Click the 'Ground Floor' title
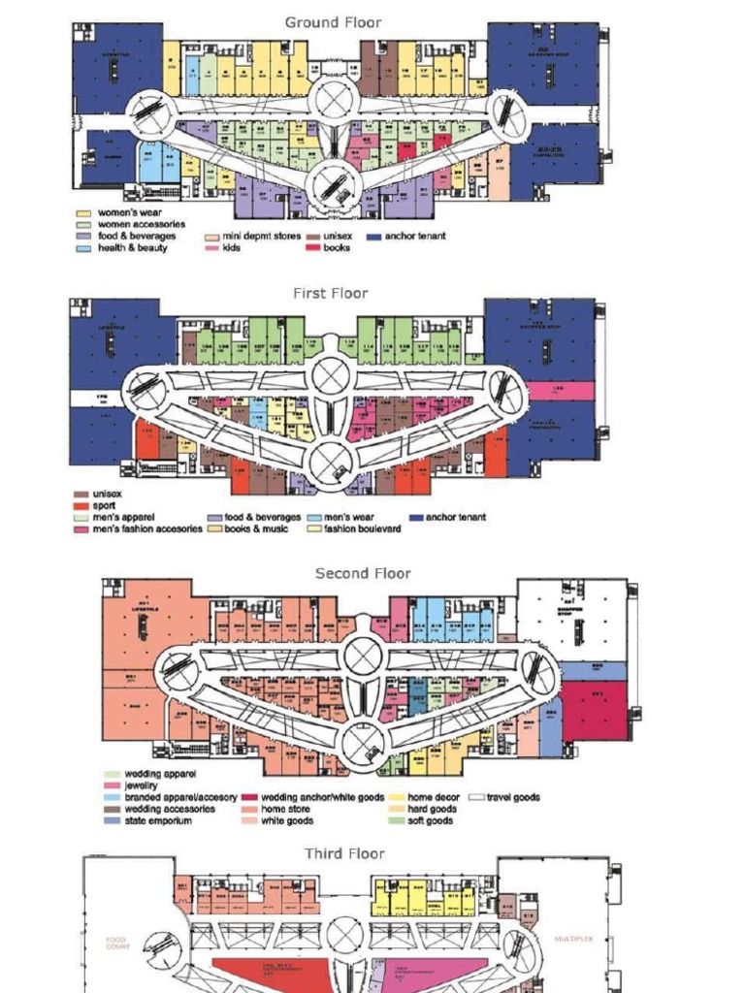click(x=333, y=22)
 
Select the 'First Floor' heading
click(x=330, y=293)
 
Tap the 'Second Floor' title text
click(x=363, y=573)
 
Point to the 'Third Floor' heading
click(x=344, y=853)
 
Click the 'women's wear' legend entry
click(x=129, y=212)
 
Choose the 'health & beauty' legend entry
click(x=132, y=247)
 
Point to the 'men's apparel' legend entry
click(x=123, y=517)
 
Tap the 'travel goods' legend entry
click(x=513, y=797)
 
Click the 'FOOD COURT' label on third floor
click(x=117, y=942)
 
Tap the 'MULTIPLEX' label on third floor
click(x=573, y=939)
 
